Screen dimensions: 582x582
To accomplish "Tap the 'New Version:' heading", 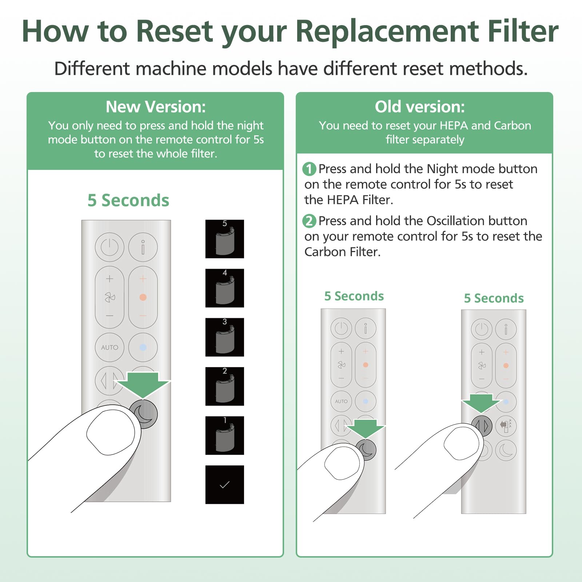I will click(x=156, y=107).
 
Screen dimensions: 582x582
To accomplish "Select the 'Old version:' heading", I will click(x=420, y=107).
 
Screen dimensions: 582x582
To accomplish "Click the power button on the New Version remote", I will click(x=109, y=247).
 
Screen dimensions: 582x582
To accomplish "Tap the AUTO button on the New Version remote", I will click(x=109, y=347).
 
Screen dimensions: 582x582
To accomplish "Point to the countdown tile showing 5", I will click(x=224, y=239).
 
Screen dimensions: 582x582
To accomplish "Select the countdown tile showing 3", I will click(x=224, y=337).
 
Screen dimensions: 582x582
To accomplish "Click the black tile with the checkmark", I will click(x=224, y=485).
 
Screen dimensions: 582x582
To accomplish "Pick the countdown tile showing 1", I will click(x=224, y=435).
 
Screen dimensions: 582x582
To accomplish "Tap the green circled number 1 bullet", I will click(x=309, y=169).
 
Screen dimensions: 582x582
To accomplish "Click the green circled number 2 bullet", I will click(x=309, y=221).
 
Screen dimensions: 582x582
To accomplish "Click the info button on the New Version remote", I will click(x=143, y=247).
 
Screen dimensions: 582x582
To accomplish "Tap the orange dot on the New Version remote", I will click(x=143, y=297).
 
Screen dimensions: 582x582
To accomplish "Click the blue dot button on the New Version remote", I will click(x=143, y=347).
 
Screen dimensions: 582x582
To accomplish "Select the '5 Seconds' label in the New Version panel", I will click(x=128, y=200).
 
